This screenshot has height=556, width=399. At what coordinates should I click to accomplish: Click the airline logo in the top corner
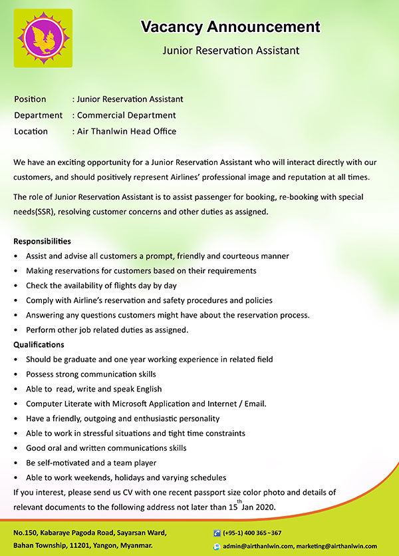(43, 38)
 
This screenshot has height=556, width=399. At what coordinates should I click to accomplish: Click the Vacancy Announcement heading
(230, 27)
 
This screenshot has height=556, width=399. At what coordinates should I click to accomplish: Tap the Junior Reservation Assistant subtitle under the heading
(231, 50)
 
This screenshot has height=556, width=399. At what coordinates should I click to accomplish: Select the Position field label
(30, 99)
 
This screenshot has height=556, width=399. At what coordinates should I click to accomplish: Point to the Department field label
(38, 115)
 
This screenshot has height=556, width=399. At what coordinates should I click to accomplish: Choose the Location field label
(31, 131)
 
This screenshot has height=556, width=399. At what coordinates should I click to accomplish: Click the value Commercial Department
(126, 115)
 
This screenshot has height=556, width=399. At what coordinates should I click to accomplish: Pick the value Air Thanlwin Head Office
(126, 131)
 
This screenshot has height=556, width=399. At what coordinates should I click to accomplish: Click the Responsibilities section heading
(42, 241)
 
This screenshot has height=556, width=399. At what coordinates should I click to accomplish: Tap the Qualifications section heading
(39, 345)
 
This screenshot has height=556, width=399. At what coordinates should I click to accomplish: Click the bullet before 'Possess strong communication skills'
(16, 374)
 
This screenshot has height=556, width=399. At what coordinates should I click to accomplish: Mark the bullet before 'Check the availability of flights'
(16, 286)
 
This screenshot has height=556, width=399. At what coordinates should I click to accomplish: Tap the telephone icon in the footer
(217, 533)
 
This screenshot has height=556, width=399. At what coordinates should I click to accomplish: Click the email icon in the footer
(217, 546)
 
